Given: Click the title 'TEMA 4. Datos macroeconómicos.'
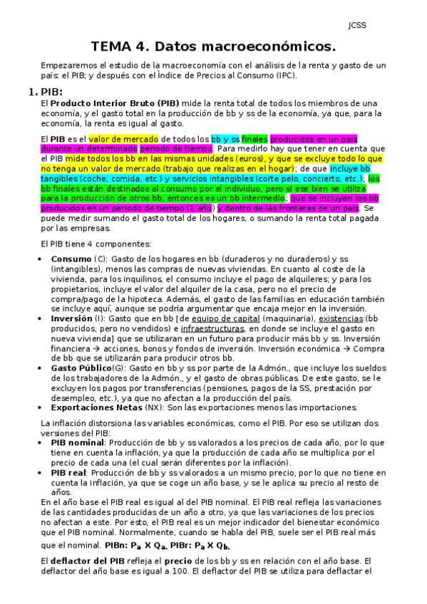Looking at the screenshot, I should pos(213,48).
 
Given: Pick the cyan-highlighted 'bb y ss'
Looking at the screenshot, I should pos(225,138).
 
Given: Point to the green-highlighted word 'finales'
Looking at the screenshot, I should pos(255,138).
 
